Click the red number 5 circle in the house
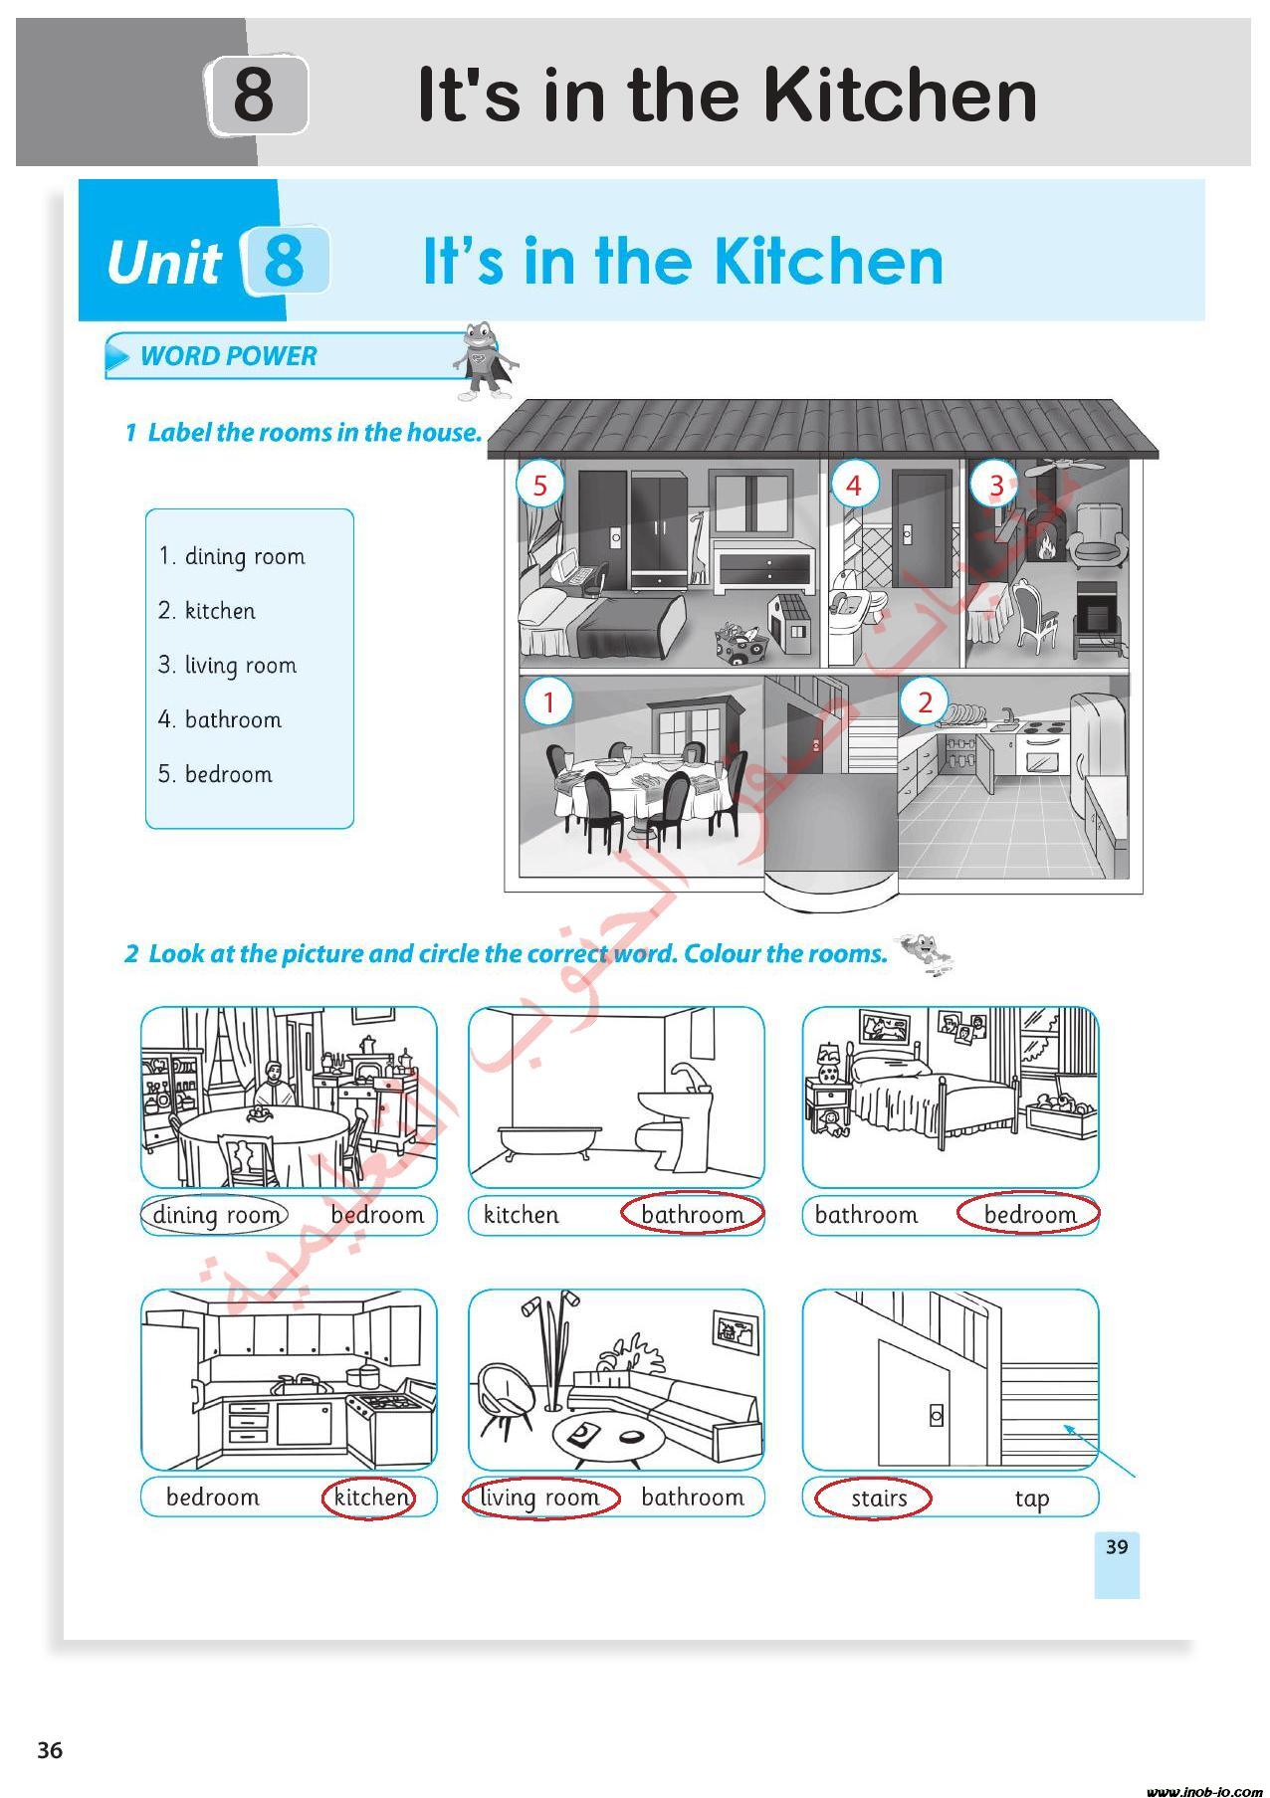click(540, 485)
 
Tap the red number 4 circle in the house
click(854, 485)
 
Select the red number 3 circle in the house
click(996, 485)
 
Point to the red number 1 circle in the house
click(548, 701)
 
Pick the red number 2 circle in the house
click(925, 701)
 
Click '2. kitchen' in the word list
click(207, 610)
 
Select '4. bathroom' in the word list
click(220, 718)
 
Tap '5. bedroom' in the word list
click(215, 773)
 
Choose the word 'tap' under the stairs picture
click(1032, 1498)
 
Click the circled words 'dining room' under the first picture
click(215, 1215)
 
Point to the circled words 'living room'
click(540, 1498)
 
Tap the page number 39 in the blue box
click(1117, 1546)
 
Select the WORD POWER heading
click(229, 355)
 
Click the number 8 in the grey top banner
click(255, 95)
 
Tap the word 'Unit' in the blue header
click(163, 263)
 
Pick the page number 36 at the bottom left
click(50, 1750)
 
